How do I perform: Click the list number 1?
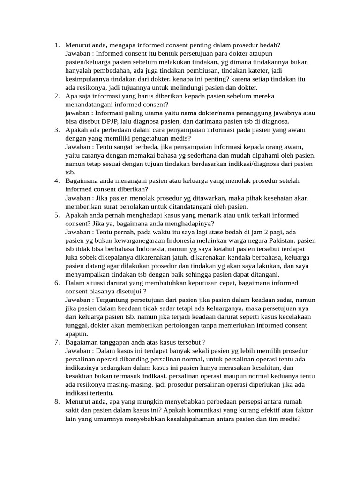tap(56, 45)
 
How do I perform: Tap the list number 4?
tap(56, 181)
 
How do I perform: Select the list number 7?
tap(56, 342)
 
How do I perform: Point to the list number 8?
tap(56, 402)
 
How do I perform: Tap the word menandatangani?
tap(90, 105)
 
